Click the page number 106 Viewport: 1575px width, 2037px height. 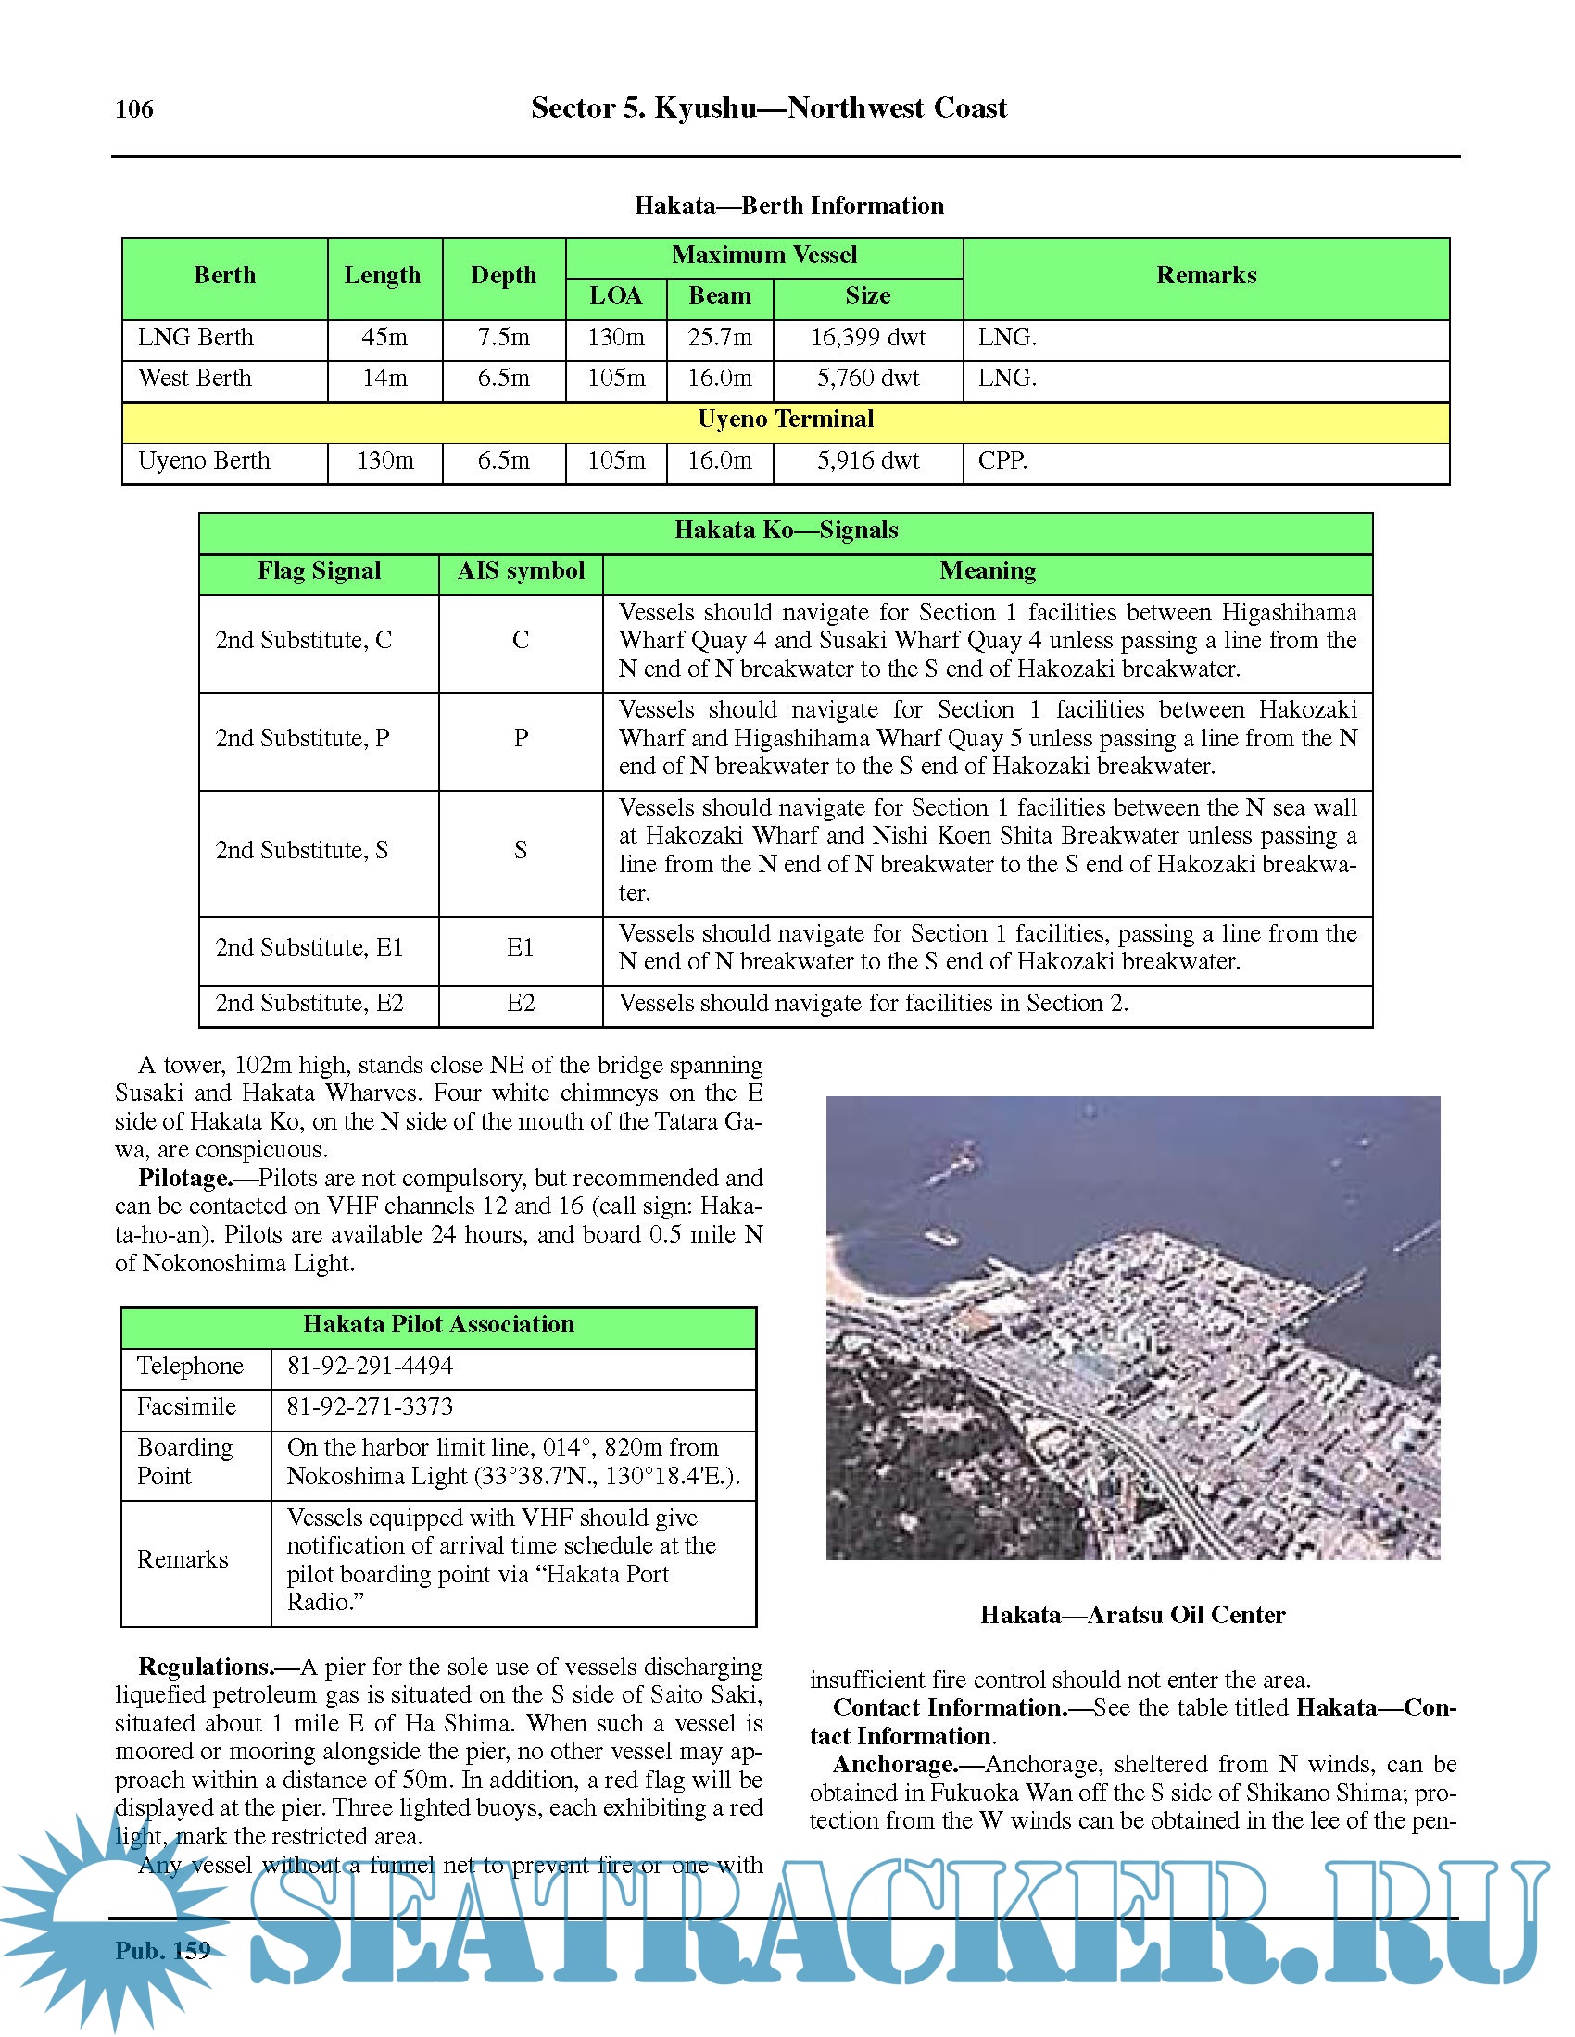(x=134, y=109)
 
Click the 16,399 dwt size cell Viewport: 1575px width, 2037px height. (x=868, y=338)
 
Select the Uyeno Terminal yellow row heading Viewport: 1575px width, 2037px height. (x=786, y=419)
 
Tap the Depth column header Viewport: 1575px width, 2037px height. (x=503, y=276)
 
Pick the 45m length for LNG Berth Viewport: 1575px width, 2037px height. (x=384, y=338)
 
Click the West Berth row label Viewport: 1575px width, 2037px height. (x=195, y=379)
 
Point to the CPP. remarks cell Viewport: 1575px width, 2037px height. (x=1003, y=461)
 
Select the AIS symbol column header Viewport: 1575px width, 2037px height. (x=521, y=570)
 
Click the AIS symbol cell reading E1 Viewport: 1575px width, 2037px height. (x=521, y=947)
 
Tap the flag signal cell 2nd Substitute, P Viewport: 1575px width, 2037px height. (x=302, y=738)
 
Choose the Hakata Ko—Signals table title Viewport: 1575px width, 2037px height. (x=786, y=531)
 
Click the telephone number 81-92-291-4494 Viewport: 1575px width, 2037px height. (x=371, y=1367)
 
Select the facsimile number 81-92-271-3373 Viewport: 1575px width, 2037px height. (x=371, y=1407)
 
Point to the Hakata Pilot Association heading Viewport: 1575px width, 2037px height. (x=438, y=1325)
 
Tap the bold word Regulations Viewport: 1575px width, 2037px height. (x=206, y=1668)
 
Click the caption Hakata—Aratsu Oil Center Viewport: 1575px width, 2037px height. (x=1133, y=1616)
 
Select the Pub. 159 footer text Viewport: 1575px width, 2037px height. (x=163, y=1950)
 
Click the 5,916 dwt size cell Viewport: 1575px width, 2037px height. (x=868, y=461)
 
